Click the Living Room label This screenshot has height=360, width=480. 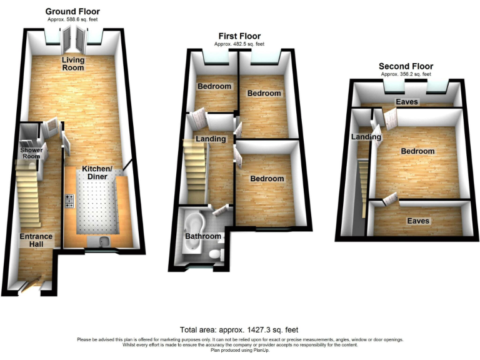pyautogui.click(x=72, y=64)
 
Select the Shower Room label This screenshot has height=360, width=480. pyautogui.click(x=30, y=153)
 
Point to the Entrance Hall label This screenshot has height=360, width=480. pyautogui.click(x=36, y=241)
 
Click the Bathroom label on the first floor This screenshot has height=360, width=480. pyautogui.click(x=202, y=236)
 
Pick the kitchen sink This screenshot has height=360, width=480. pyautogui.click(x=102, y=241)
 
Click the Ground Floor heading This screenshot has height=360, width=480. pyautogui.click(x=72, y=11)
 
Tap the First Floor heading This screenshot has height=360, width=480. pyautogui.click(x=239, y=36)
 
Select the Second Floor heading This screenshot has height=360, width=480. pyautogui.click(x=406, y=66)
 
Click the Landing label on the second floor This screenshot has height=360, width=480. pyautogui.click(x=366, y=137)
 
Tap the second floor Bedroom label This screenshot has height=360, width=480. pyautogui.click(x=417, y=151)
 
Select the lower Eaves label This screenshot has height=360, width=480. pyautogui.click(x=418, y=221)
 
